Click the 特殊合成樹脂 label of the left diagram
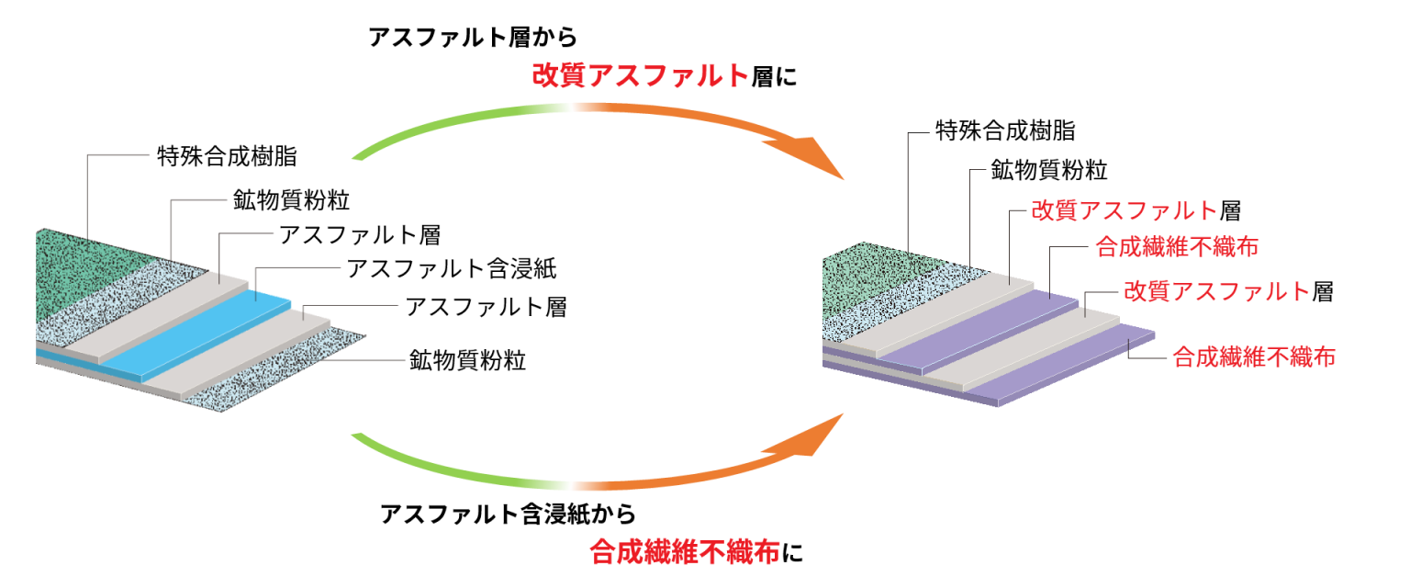227,156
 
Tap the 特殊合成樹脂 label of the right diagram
1005,131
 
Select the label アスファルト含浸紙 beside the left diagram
452,269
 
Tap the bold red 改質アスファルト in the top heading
641,75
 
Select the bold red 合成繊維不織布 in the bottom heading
685,552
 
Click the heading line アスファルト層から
473,37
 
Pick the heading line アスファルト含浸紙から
508,514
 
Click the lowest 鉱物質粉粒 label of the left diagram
467,360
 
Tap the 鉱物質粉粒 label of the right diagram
1049,170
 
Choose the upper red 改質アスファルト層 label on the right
1136,210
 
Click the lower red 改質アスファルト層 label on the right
1229,291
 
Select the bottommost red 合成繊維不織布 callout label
1254,357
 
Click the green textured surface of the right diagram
875,277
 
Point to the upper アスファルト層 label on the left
360,235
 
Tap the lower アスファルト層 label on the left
486,308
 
